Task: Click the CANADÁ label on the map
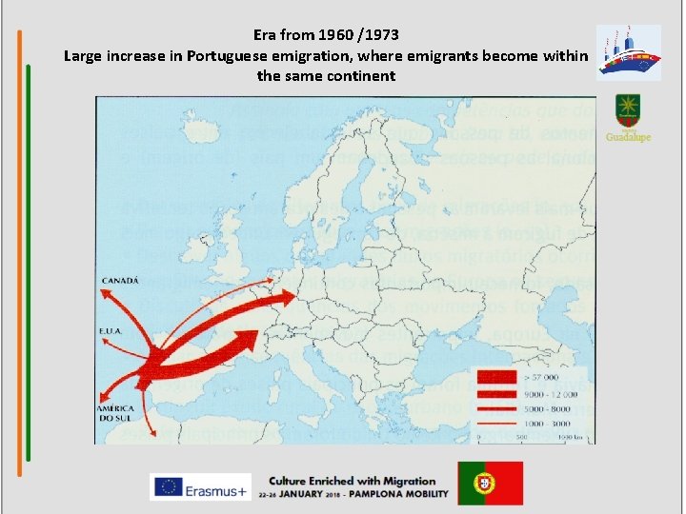[x=121, y=280]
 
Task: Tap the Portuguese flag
[x=490, y=483]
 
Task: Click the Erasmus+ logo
[x=198, y=486]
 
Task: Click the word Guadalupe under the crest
[x=629, y=137]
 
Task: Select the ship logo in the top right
[x=628, y=52]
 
